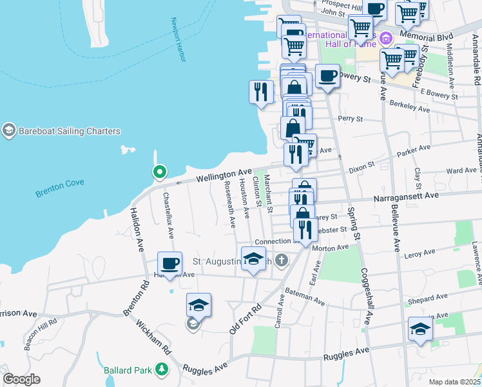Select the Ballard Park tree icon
pyautogui.click(x=160, y=370)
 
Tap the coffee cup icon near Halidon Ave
pyautogui.click(x=170, y=264)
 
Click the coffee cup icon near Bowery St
pyautogui.click(x=327, y=76)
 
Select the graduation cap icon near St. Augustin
pyautogui.click(x=254, y=259)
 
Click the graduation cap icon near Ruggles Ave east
pyautogui.click(x=420, y=329)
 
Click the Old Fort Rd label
pyautogui.click(x=245, y=318)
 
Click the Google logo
pyautogui.click(x=21, y=379)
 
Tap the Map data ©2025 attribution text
pyautogui.click(x=454, y=382)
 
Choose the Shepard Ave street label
pyautogui.click(x=423, y=301)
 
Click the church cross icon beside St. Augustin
pyautogui.click(x=280, y=261)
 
